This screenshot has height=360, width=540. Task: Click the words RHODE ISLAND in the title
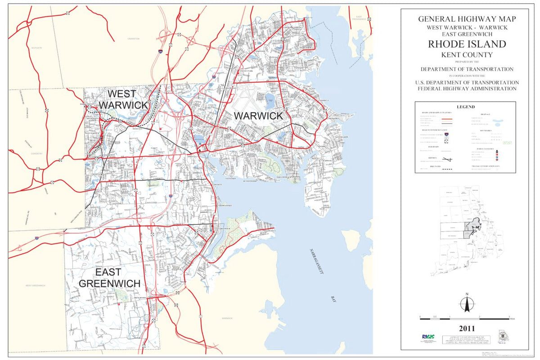pos(467,44)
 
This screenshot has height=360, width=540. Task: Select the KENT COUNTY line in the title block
pos(467,55)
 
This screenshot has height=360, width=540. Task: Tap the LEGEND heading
pos(466,107)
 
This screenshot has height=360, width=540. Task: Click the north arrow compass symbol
pos(467,304)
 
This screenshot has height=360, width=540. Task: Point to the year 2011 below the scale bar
pos(467,328)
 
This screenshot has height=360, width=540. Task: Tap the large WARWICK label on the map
pos(258,116)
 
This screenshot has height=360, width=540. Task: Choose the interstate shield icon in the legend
pos(446,134)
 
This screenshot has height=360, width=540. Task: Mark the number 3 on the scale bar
pos(509,317)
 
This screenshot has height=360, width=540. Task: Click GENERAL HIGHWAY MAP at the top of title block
pos(467,19)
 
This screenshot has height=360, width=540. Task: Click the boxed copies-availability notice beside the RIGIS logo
pos(466,339)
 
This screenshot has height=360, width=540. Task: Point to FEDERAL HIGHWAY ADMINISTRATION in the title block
pos(467,89)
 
